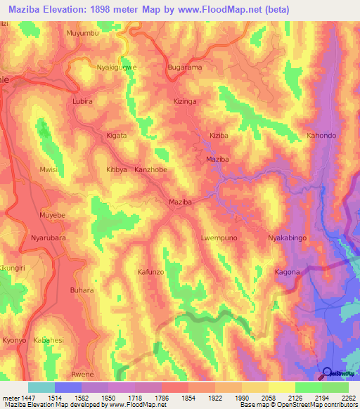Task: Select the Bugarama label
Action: coord(184,67)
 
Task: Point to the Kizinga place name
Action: coord(184,102)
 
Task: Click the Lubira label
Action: coord(82,102)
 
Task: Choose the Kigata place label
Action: coord(116,135)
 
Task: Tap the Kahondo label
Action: coord(322,135)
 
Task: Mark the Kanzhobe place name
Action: coord(150,170)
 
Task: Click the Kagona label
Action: coord(287,272)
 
